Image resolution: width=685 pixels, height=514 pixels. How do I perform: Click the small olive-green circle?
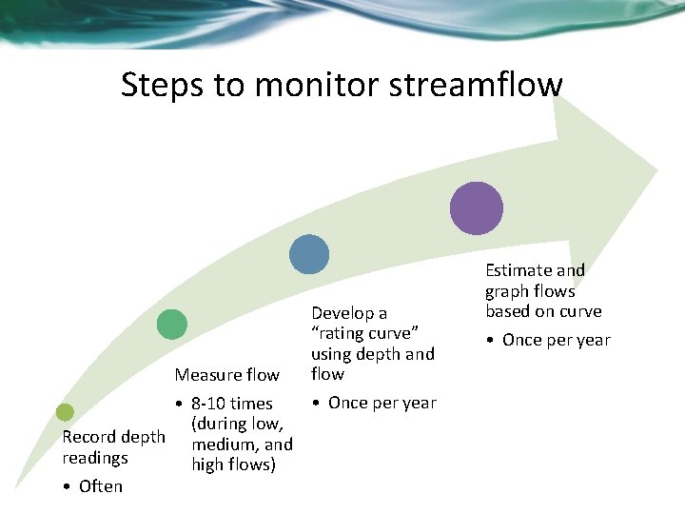click(65, 412)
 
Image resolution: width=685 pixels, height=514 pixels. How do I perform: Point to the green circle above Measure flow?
click(171, 325)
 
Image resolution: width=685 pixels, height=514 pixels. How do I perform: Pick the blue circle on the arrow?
click(309, 254)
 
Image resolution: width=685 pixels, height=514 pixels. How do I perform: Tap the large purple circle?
click(476, 208)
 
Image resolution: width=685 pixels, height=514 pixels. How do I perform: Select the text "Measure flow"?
click(226, 375)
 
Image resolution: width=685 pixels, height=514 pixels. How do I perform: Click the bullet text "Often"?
click(101, 486)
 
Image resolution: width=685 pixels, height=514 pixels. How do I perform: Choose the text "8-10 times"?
click(231, 404)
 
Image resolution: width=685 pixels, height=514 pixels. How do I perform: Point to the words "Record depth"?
click(113, 437)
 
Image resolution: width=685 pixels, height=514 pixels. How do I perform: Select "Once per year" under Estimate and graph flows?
click(556, 340)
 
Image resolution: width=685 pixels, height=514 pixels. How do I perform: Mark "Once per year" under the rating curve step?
click(382, 403)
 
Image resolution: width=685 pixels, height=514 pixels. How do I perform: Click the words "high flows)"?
click(233, 465)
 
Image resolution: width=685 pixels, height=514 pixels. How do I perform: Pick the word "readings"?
click(95, 458)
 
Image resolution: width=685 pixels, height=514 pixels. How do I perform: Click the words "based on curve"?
click(543, 311)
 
